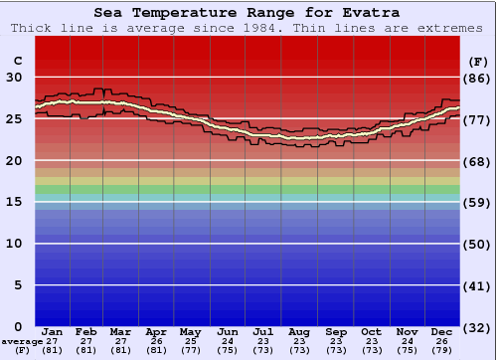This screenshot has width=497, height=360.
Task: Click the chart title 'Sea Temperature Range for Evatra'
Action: [248, 13]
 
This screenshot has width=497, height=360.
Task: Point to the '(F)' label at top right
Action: [477, 62]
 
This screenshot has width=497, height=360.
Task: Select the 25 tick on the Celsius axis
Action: [14, 119]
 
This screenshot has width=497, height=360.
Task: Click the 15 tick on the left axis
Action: [14, 202]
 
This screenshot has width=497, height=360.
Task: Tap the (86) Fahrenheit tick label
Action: [477, 78]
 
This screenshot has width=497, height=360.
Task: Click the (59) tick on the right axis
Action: [477, 202]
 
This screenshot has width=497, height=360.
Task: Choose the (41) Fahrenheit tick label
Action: [477, 285]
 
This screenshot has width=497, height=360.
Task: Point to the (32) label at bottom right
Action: [477, 327]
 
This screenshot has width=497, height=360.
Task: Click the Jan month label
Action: [53, 331]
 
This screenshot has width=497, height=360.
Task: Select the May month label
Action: [189, 331]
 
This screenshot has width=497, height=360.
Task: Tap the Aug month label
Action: [298, 331]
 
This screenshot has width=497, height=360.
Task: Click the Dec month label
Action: [442, 331]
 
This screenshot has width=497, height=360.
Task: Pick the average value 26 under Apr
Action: [156, 341]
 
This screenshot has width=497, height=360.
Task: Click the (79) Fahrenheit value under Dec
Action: [442, 350]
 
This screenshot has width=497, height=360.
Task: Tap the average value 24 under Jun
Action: [227, 341]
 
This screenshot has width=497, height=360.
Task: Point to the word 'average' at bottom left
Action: [22, 341]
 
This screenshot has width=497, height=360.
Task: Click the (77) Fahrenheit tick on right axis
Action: [477, 119]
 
